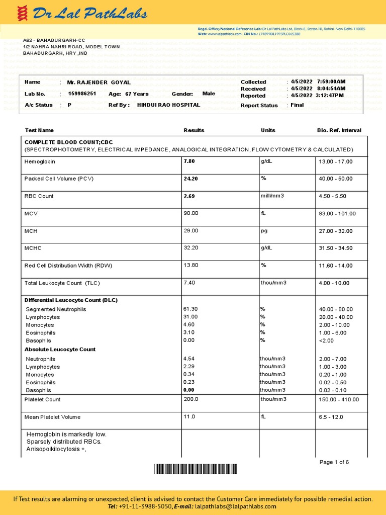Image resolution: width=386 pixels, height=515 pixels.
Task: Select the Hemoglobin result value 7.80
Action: [x=189, y=161]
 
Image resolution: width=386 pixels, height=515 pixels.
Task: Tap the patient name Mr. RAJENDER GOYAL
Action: [x=99, y=82]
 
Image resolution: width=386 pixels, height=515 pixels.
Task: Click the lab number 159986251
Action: [x=82, y=94]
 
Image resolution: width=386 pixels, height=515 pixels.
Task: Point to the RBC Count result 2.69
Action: [x=189, y=196]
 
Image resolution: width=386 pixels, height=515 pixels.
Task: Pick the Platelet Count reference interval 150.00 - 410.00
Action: [x=339, y=400]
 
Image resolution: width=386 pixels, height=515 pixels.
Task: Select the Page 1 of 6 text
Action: [x=334, y=462]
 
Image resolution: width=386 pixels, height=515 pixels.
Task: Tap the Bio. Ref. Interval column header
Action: [x=339, y=130]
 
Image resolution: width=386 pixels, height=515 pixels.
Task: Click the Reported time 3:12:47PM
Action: [x=330, y=96]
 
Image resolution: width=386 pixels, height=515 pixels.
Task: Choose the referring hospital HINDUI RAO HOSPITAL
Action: [x=168, y=105]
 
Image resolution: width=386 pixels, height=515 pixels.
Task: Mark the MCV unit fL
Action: [x=263, y=213]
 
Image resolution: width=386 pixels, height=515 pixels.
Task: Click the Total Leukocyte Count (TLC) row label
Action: [x=62, y=283]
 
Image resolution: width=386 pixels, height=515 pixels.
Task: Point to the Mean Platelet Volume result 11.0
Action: [x=189, y=417]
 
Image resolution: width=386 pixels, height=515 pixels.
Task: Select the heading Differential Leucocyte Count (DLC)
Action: [x=71, y=300]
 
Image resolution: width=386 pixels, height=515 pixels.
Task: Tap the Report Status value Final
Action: [x=297, y=105]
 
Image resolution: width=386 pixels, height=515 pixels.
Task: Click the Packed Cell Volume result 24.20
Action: [x=191, y=179]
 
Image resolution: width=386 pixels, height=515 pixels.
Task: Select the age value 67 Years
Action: [x=137, y=94]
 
